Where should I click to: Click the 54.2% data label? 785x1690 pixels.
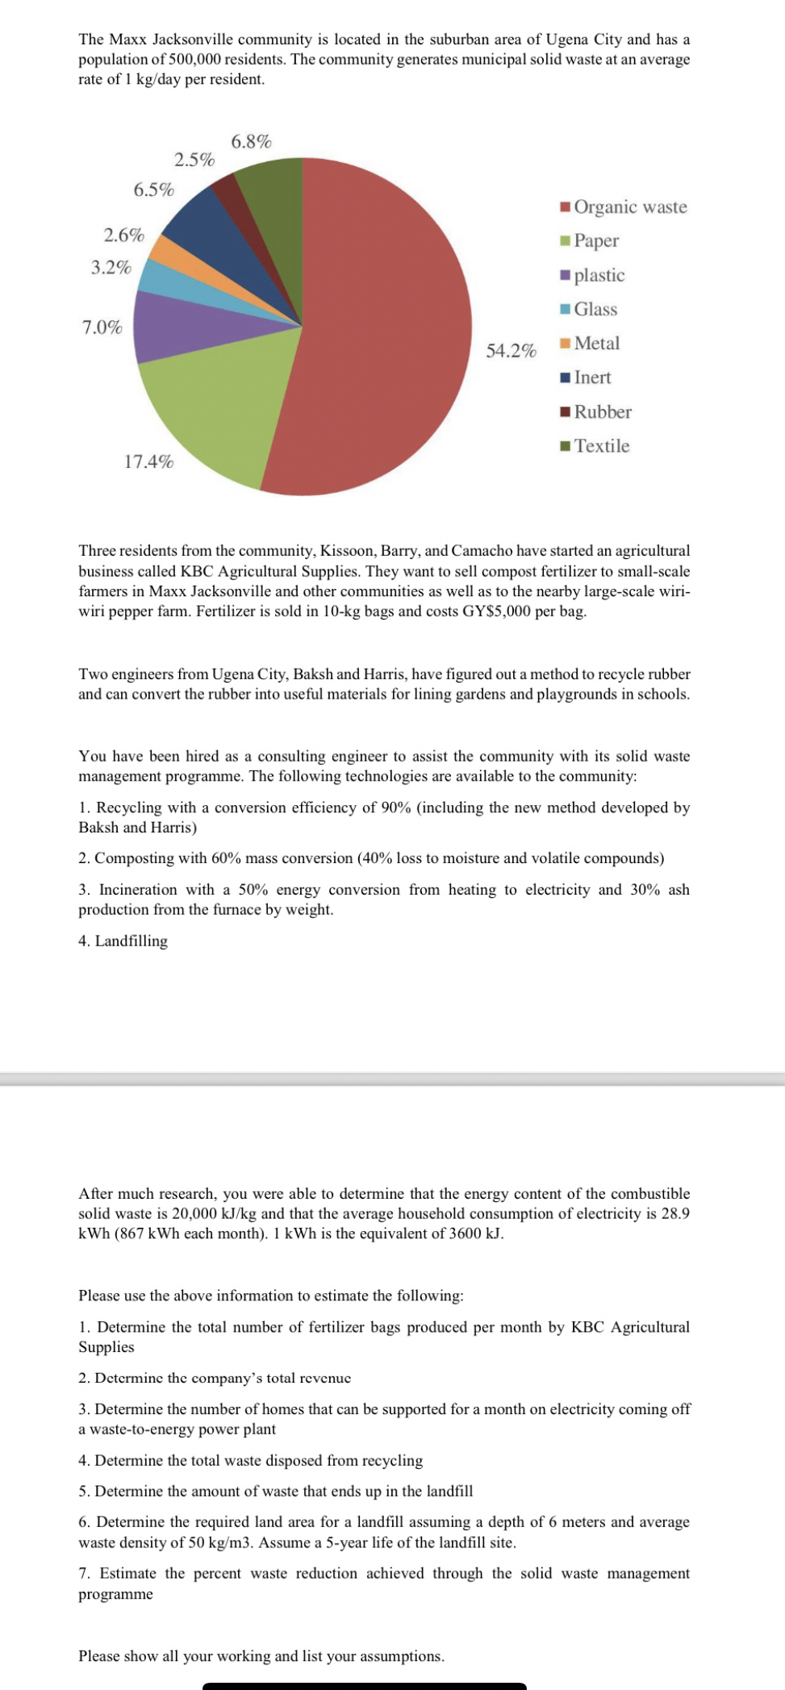pos(511,351)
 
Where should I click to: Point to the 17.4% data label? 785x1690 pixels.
pos(148,461)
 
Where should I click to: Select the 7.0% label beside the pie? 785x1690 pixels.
pos(102,328)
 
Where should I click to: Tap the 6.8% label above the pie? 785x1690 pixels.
pos(251,142)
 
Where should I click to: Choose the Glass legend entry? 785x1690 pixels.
pos(595,310)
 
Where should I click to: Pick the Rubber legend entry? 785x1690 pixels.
pos(602,412)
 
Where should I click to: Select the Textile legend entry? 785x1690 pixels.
pos(601,446)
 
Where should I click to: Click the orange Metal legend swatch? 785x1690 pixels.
pos(566,344)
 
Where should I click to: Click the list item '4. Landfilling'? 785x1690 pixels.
pos(123,941)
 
